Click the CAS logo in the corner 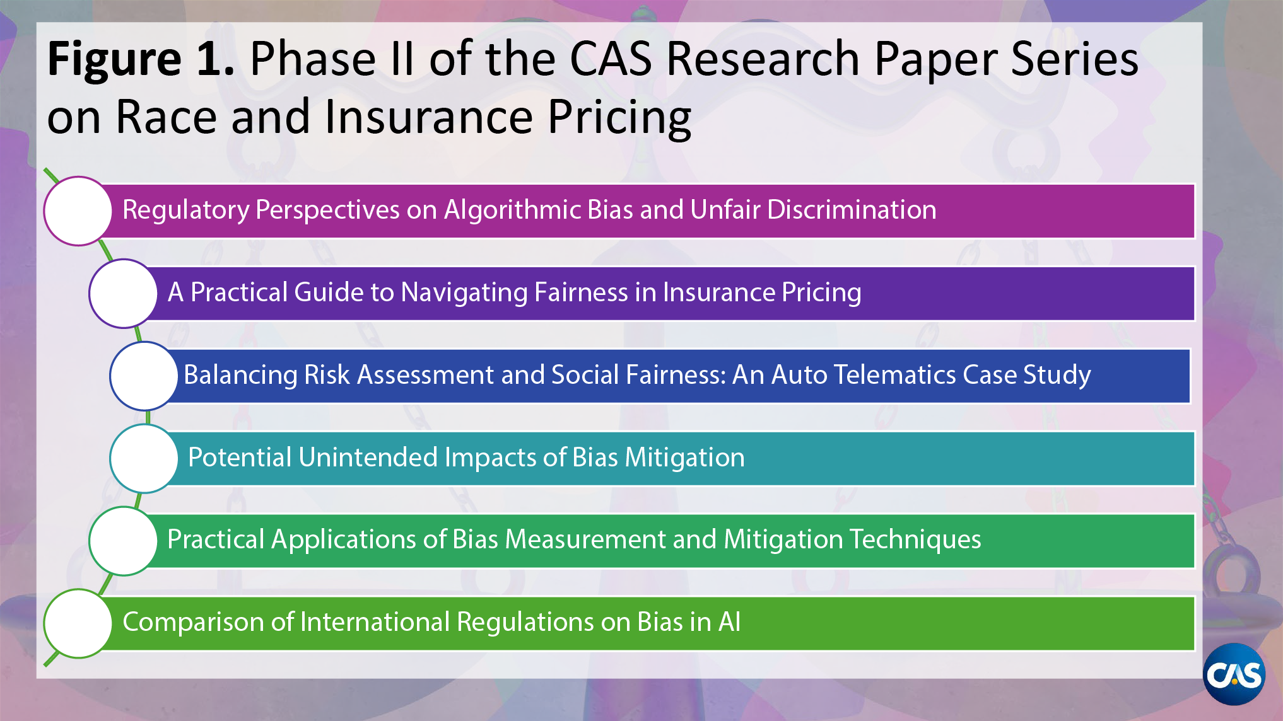(x=1234, y=674)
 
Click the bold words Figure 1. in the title (x=141, y=59)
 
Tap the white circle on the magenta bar (x=78, y=211)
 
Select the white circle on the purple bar (x=123, y=293)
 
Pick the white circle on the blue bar (x=144, y=376)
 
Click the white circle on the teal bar (x=144, y=458)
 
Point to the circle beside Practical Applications (x=123, y=541)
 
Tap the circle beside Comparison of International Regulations (x=78, y=623)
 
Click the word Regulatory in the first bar (x=185, y=211)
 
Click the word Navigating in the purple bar (x=464, y=292)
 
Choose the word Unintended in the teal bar (x=368, y=458)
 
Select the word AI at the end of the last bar (x=729, y=622)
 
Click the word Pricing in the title (x=619, y=117)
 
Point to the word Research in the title (x=763, y=59)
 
